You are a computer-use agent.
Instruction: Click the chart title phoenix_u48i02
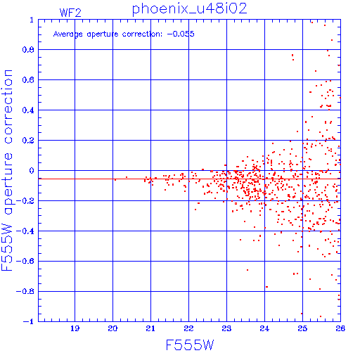tap(190, 9)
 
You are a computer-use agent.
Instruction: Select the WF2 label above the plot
tap(70, 13)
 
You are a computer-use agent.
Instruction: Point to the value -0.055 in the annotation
tap(181, 34)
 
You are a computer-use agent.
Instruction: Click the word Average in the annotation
tap(68, 34)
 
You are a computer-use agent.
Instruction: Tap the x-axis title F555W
tap(190, 345)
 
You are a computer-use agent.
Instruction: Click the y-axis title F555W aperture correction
tap(7, 170)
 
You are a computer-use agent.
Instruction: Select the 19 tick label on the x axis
tap(75, 328)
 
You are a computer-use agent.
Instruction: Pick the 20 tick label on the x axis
tap(112, 328)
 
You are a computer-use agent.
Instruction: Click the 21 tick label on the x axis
tap(150, 328)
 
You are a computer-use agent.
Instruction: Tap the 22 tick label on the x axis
tap(188, 328)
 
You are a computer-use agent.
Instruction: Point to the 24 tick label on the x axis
tap(264, 328)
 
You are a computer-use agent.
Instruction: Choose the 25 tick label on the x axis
tap(302, 328)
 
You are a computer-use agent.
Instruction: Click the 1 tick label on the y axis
tap(32, 20)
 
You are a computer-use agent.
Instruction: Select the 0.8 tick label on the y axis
tap(28, 50)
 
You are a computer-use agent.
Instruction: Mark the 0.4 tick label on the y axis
tap(28, 110)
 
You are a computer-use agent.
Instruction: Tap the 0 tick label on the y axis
tap(32, 171)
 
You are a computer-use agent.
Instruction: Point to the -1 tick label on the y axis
tap(29, 321)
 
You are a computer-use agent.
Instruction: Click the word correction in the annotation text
tap(142, 34)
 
